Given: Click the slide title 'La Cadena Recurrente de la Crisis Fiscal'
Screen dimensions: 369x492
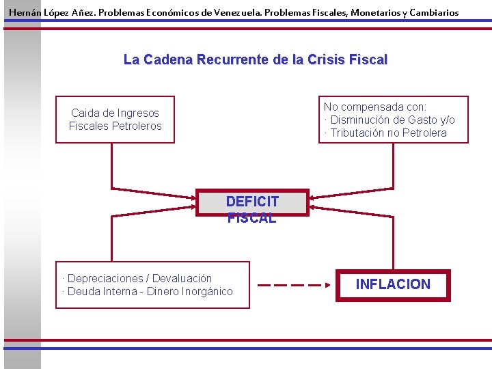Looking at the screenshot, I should pos(255,60).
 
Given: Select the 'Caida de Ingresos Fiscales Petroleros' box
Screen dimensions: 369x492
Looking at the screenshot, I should pos(115,120).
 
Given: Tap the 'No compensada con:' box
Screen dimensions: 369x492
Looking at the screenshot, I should pos(393,120).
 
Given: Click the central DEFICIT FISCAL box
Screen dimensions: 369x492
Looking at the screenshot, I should pos(252,202).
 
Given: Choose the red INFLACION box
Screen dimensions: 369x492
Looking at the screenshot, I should pos(393,285).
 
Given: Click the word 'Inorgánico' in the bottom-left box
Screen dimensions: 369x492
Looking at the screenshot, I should pos(207,292).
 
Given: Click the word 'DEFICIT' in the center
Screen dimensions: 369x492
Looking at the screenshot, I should pos(252,202).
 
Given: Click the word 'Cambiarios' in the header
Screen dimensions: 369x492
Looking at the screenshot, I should pos(433,13).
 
